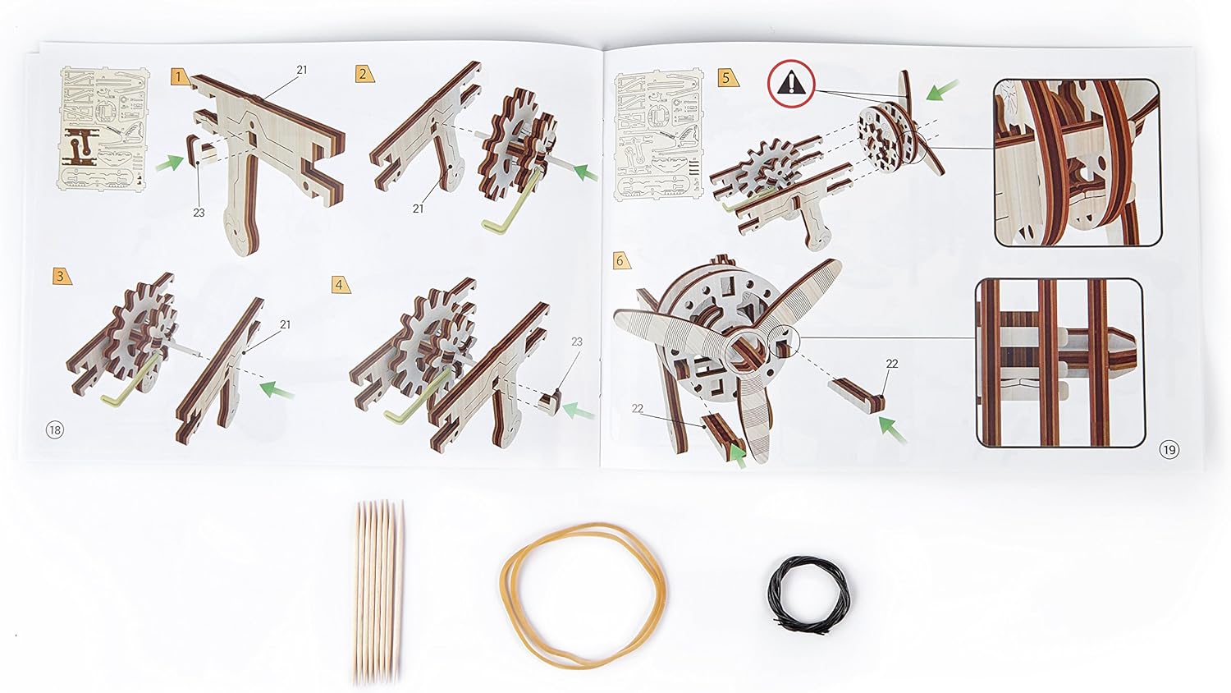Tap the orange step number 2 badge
coord(364,74)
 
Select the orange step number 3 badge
coord(62,276)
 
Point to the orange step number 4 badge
coord(341,284)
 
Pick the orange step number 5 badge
coord(728,77)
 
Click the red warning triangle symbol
coord(791,82)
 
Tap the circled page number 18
coord(55,429)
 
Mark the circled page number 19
coord(1169,450)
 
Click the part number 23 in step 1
coord(199,213)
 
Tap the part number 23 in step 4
coord(576,342)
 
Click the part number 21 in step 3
coord(285,324)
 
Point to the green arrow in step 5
coord(942,89)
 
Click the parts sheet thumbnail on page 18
coord(104,129)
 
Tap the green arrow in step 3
coord(277,391)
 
